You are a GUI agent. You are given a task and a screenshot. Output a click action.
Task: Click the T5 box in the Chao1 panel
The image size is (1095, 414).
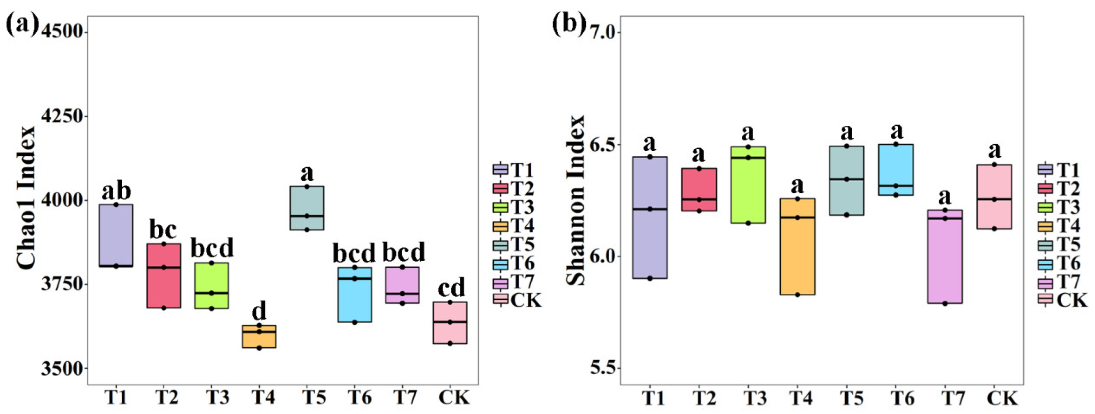(x=307, y=208)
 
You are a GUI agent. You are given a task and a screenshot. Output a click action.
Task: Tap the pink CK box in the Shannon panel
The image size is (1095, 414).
(x=994, y=197)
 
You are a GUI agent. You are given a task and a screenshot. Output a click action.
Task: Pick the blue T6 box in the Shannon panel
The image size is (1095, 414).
(x=896, y=170)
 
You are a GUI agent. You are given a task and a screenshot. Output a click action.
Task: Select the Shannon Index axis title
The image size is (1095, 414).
(x=576, y=200)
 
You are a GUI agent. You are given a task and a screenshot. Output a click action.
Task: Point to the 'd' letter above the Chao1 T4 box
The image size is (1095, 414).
(x=259, y=312)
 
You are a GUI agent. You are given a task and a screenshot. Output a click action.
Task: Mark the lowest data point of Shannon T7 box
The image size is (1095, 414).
(x=945, y=304)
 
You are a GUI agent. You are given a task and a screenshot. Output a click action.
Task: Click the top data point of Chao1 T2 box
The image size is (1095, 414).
(x=163, y=244)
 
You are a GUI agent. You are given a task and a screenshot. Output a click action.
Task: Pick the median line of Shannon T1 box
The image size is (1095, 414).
(x=649, y=209)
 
